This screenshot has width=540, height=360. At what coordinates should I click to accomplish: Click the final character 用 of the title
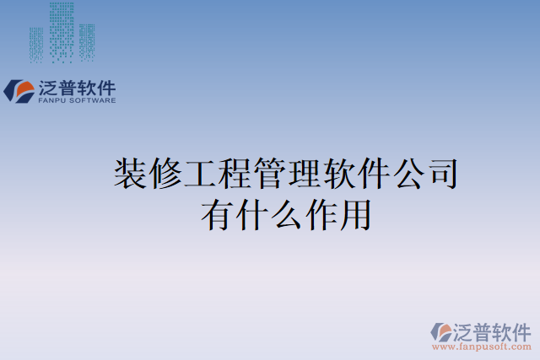click(x=354, y=213)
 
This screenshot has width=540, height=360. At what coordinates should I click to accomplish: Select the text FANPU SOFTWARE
click(x=78, y=100)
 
